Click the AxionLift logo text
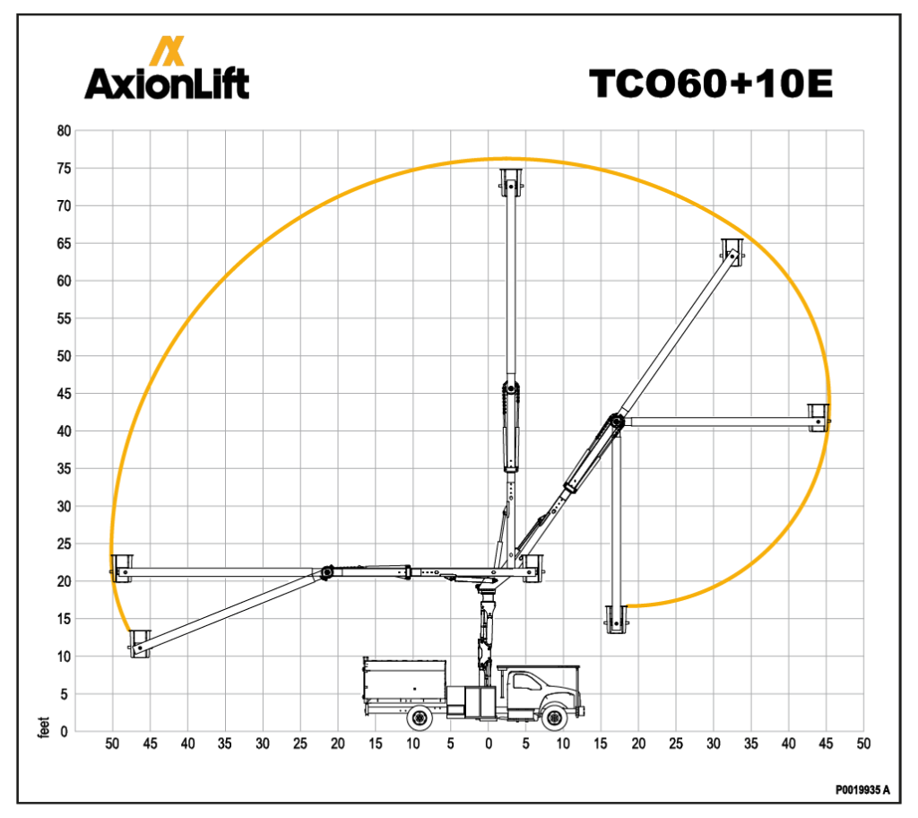pyautogui.click(x=167, y=83)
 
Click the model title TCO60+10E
pyautogui.click(x=711, y=83)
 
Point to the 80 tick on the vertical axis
pyautogui.click(x=64, y=131)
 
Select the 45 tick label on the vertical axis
pyautogui.click(x=64, y=394)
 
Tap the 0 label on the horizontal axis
pyautogui.click(x=489, y=744)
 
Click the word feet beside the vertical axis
pyautogui.click(x=43, y=727)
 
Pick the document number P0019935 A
pyautogui.click(x=862, y=790)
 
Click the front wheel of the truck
pyautogui.click(x=554, y=718)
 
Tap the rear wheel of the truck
pyautogui.click(x=420, y=718)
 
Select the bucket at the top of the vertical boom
pyautogui.click(x=511, y=183)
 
